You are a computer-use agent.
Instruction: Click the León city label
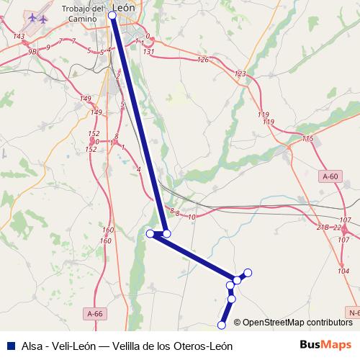pyautogui.click(x=125, y=9)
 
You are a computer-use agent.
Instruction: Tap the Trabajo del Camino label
pyautogui.click(x=86, y=14)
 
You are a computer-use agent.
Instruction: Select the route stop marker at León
pyautogui.click(x=112, y=15)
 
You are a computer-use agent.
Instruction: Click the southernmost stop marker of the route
pyautogui.click(x=222, y=325)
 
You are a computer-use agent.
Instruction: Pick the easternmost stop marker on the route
pyautogui.click(x=248, y=272)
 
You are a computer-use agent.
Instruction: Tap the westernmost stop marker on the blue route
pyautogui.click(x=150, y=233)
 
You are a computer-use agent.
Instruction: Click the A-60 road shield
pyautogui.click(x=330, y=176)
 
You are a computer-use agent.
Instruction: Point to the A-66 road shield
pyautogui.click(x=95, y=314)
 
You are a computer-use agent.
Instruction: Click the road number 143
pyautogui.click(x=19, y=36)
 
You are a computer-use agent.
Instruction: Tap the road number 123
pyautogui.click(x=240, y=74)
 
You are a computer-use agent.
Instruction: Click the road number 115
pyautogui.click(x=308, y=138)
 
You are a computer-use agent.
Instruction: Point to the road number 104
pyautogui.click(x=343, y=270)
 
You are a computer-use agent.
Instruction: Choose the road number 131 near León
pyautogui.click(x=149, y=52)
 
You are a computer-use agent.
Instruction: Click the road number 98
pyautogui.click(x=32, y=52)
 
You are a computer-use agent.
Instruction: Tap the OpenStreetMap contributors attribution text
pyautogui.click(x=297, y=323)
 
